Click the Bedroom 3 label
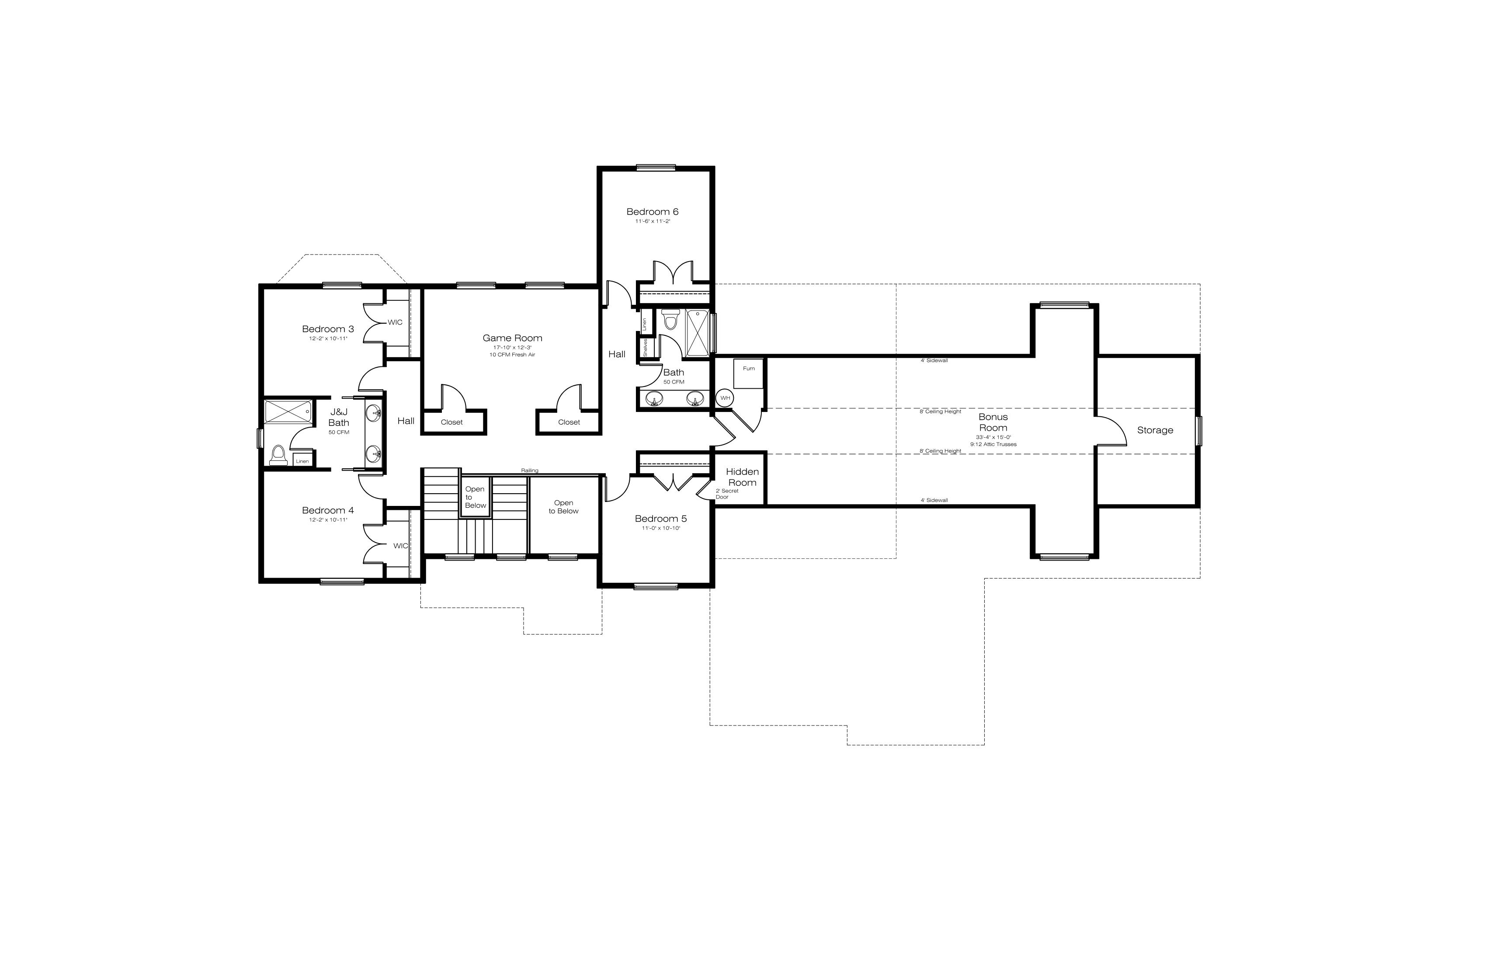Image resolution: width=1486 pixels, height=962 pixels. [328, 329]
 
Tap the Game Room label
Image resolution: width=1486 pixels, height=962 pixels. [513, 338]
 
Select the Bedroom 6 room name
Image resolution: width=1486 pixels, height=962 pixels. [653, 212]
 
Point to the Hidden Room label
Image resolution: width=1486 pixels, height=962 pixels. [743, 477]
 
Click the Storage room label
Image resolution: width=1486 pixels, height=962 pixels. [1155, 430]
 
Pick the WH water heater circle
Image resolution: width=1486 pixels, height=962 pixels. [725, 398]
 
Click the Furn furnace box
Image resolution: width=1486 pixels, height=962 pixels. [749, 373]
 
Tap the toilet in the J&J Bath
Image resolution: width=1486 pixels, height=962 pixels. [278, 455]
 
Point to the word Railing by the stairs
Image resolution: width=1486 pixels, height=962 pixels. [529, 471]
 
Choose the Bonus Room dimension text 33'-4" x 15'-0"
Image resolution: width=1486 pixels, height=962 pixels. [993, 437]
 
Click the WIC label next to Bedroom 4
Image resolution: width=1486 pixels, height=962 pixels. [401, 546]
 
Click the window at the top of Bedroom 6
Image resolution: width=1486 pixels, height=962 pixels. [656, 167]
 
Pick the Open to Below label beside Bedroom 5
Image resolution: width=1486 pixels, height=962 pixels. [564, 507]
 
